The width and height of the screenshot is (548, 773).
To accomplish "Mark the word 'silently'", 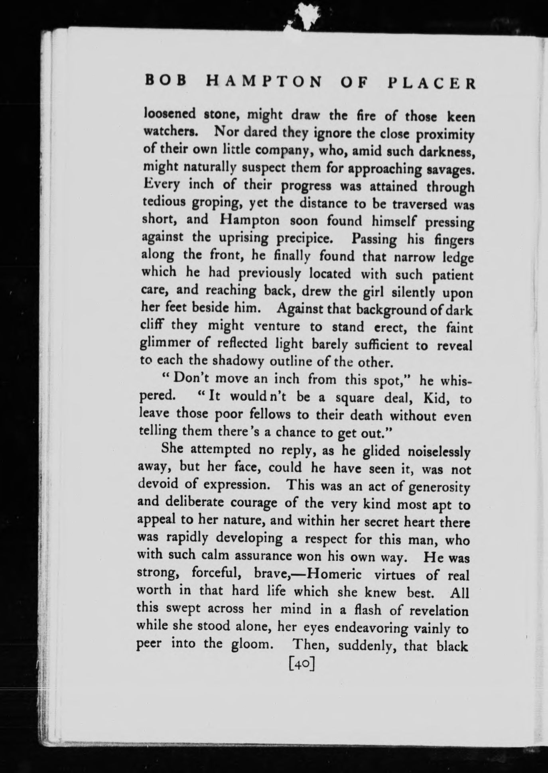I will pos(414,293).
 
